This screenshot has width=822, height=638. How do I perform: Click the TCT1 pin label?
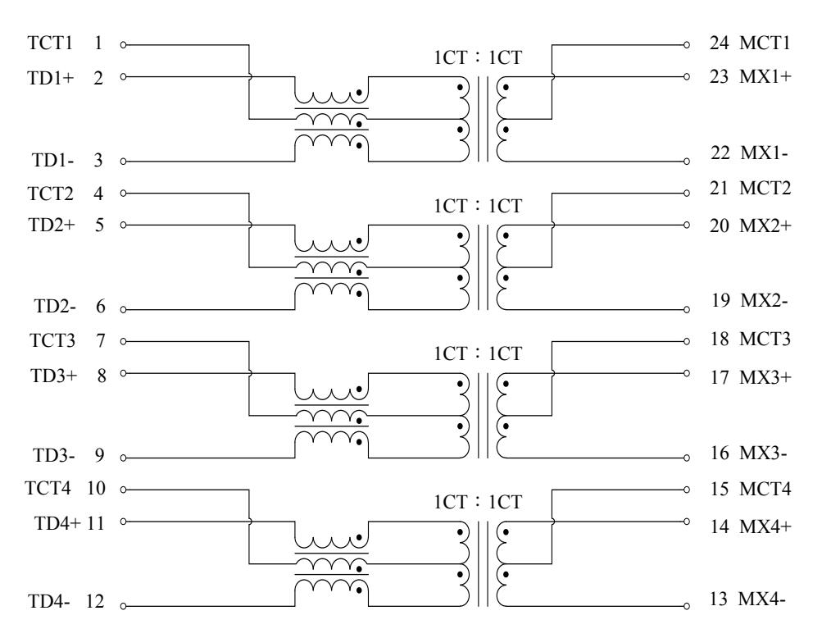[x=50, y=43]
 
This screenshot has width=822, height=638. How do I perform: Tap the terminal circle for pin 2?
[x=123, y=76]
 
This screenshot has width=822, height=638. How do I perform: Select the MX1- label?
[x=765, y=153]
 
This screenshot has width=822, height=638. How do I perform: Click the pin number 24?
[x=720, y=43]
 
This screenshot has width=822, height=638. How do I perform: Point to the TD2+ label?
[x=52, y=225]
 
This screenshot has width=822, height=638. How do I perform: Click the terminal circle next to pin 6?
[x=123, y=309]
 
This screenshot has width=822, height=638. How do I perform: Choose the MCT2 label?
[x=765, y=188]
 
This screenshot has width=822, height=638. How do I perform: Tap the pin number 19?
[x=721, y=301]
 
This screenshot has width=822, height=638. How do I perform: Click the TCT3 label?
[x=52, y=340]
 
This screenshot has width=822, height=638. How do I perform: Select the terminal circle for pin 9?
[x=123, y=458]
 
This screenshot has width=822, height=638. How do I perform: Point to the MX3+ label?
[x=765, y=377]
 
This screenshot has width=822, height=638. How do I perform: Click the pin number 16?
[x=720, y=453]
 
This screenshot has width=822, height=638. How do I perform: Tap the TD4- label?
[x=48, y=601]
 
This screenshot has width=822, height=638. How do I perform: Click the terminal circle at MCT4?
[x=686, y=490]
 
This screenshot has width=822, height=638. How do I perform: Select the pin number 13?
[x=720, y=599]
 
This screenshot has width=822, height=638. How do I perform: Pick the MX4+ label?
[x=765, y=526]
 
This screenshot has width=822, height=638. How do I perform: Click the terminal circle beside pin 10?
[x=123, y=490]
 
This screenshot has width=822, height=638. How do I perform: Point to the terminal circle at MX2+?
[x=686, y=225]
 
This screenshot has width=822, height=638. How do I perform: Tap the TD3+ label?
[x=54, y=376]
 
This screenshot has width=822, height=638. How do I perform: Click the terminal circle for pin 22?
[x=686, y=162]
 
